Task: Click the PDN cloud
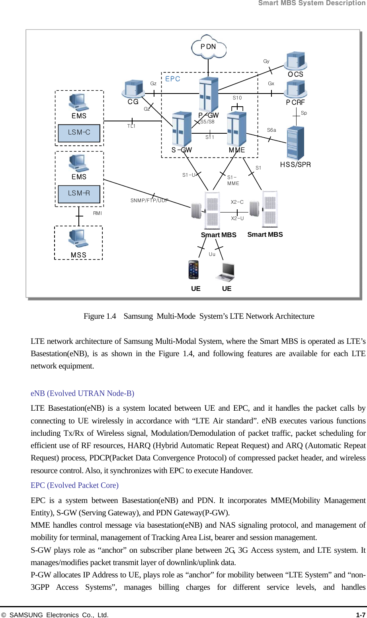pyautogui.click(x=209, y=47)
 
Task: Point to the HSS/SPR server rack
pyautogui.click(x=295, y=143)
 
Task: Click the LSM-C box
pyautogui.click(x=79, y=133)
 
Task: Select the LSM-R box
pyautogui.click(x=79, y=194)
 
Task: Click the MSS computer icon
pyautogui.click(x=78, y=238)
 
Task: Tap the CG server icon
pyautogui.click(x=133, y=88)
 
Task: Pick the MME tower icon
pyautogui.click(x=237, y=129)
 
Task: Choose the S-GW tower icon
pyautogui.click(x=182, y=129)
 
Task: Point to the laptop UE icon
pyautogui.click(x=226, y=271)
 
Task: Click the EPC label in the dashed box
pyautogui.click(x=173, y=79)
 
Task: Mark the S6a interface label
pyautogui.click(x=271, y=130)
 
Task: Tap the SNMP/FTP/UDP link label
pyautogui.click(x=149, y=201)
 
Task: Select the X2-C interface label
pyautogui.click(x=237, y=202)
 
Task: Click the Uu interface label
pyautogui.click(x=212, y=254)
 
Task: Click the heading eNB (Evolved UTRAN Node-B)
pyautogui.click(x=82, y=393)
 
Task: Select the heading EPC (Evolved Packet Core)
pyautogui.click(x=74, y=485)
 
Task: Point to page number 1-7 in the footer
pyautogui.click(x=360, y=614)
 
